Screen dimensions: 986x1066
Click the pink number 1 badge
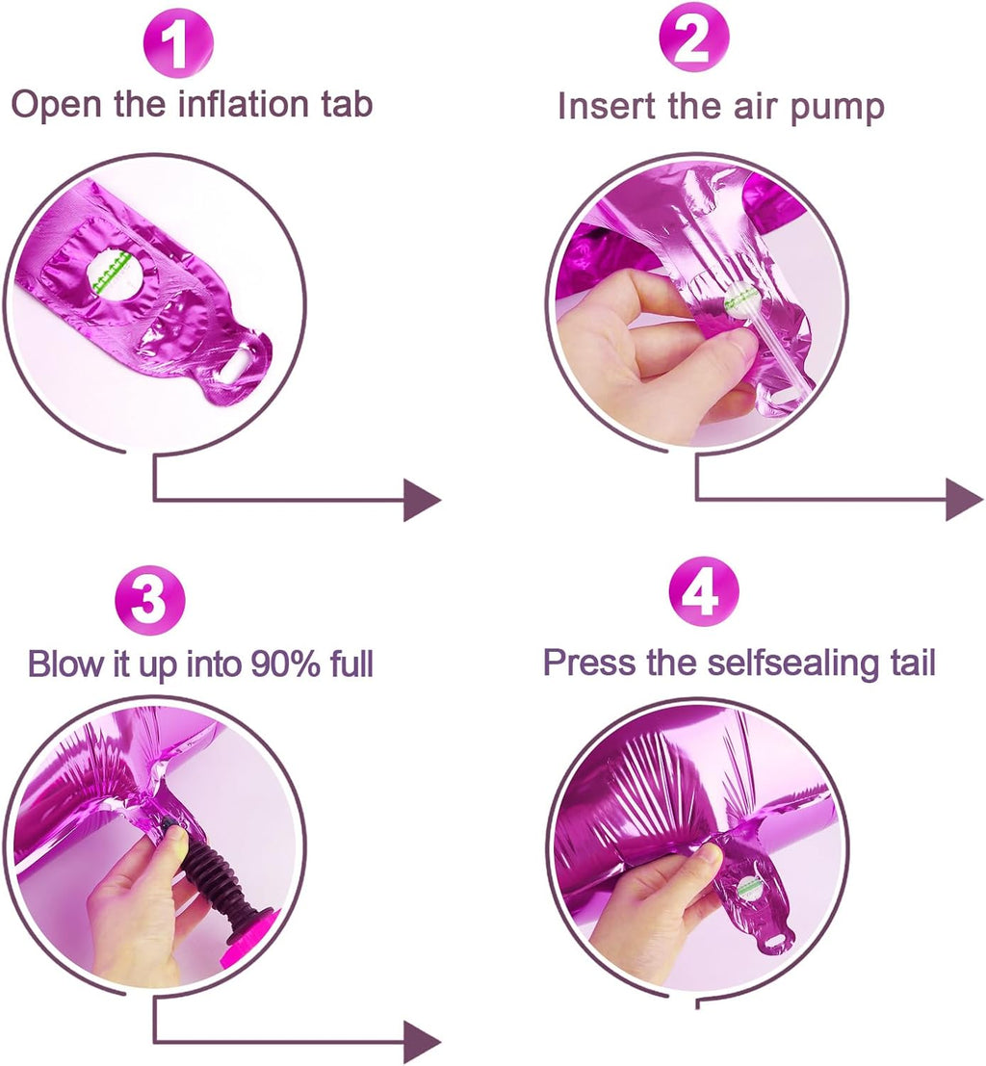pos(178,42)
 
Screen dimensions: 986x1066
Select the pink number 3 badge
pos(150,599)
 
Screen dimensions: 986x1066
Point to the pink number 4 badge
pos(704,592)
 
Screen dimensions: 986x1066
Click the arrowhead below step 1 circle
pos(423,501)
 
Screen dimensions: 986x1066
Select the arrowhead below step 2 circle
pos(964,500)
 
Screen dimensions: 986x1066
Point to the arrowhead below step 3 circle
pos(423,1042)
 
